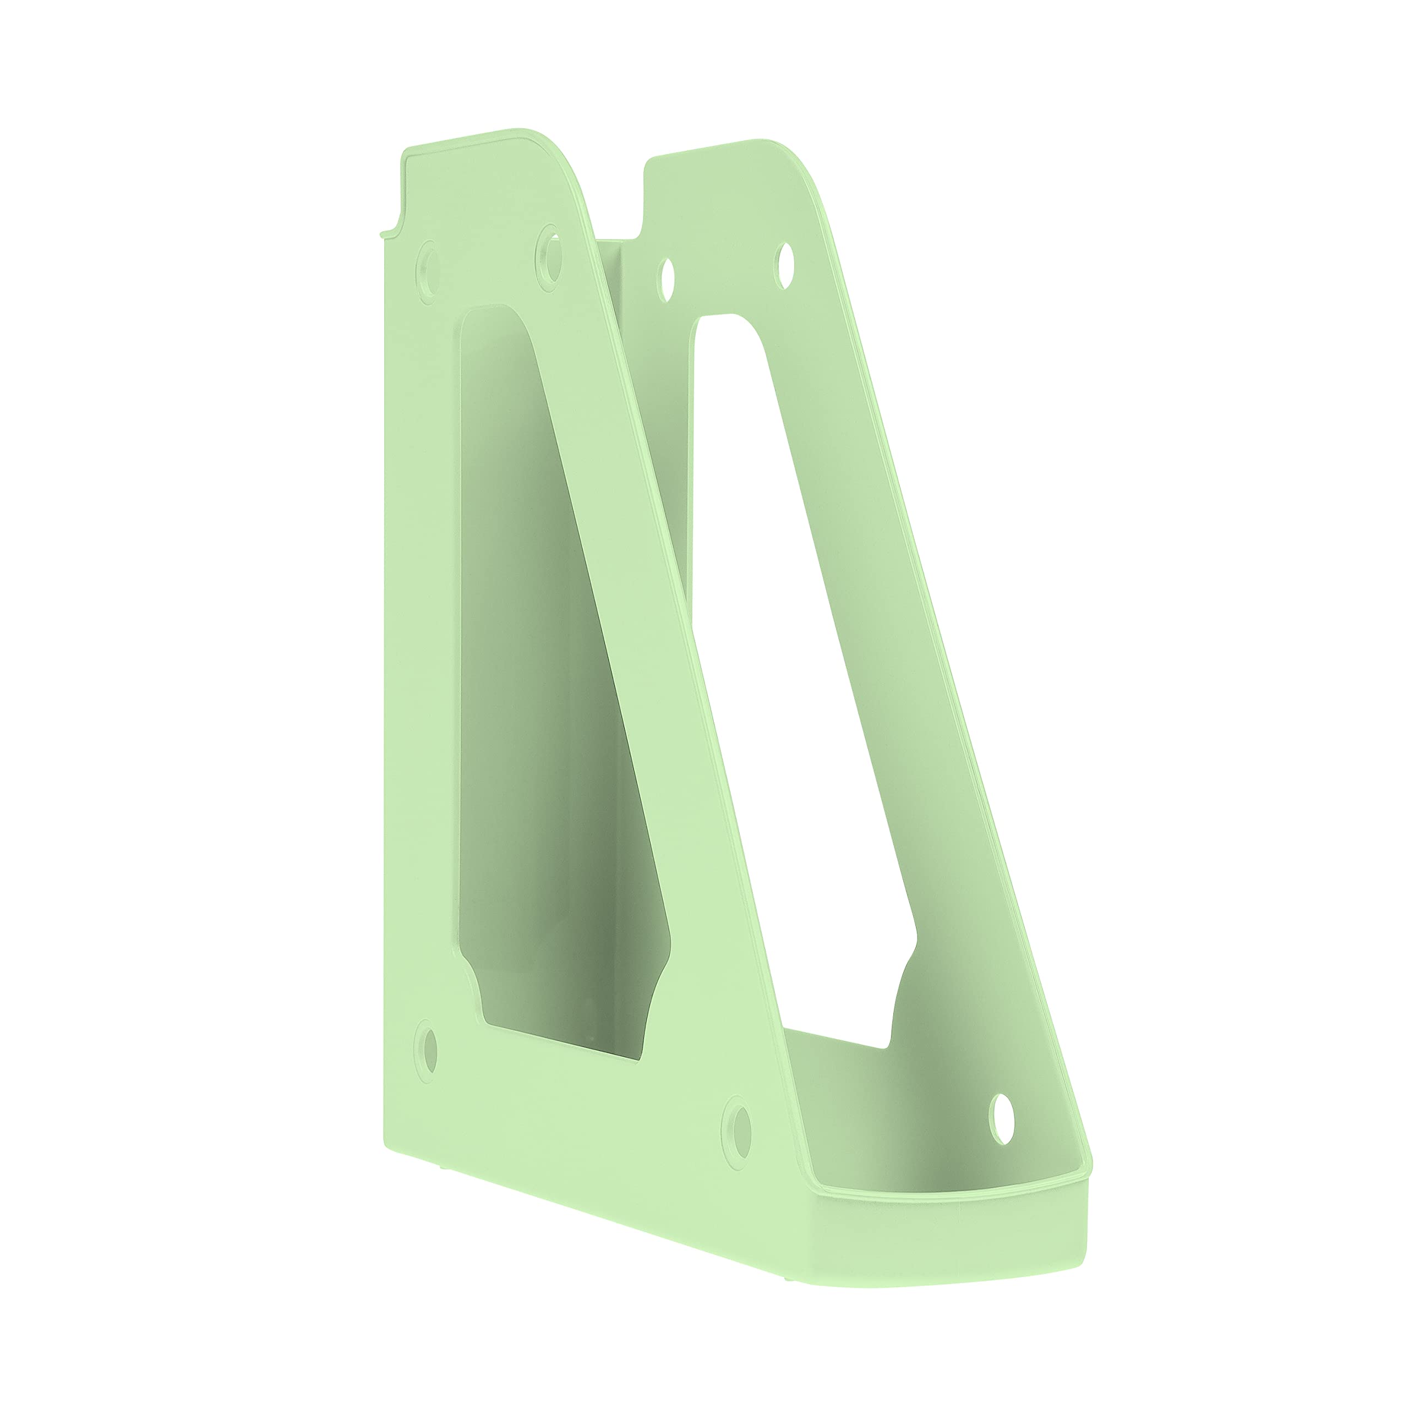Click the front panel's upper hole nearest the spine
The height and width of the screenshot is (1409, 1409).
pos(428,273)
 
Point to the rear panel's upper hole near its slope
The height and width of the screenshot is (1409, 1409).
pos(785,265)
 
